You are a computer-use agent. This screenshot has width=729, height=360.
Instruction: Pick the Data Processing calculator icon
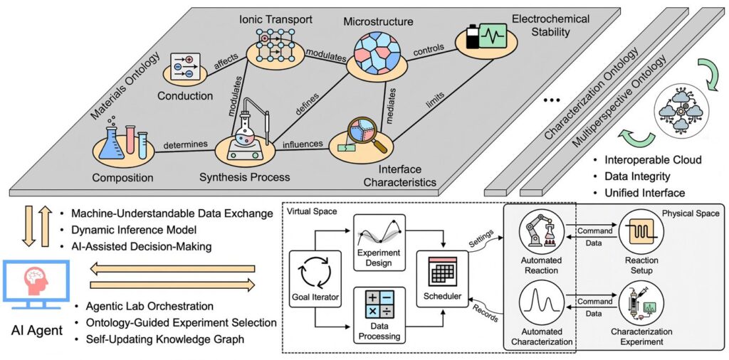[x=379, y=307]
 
